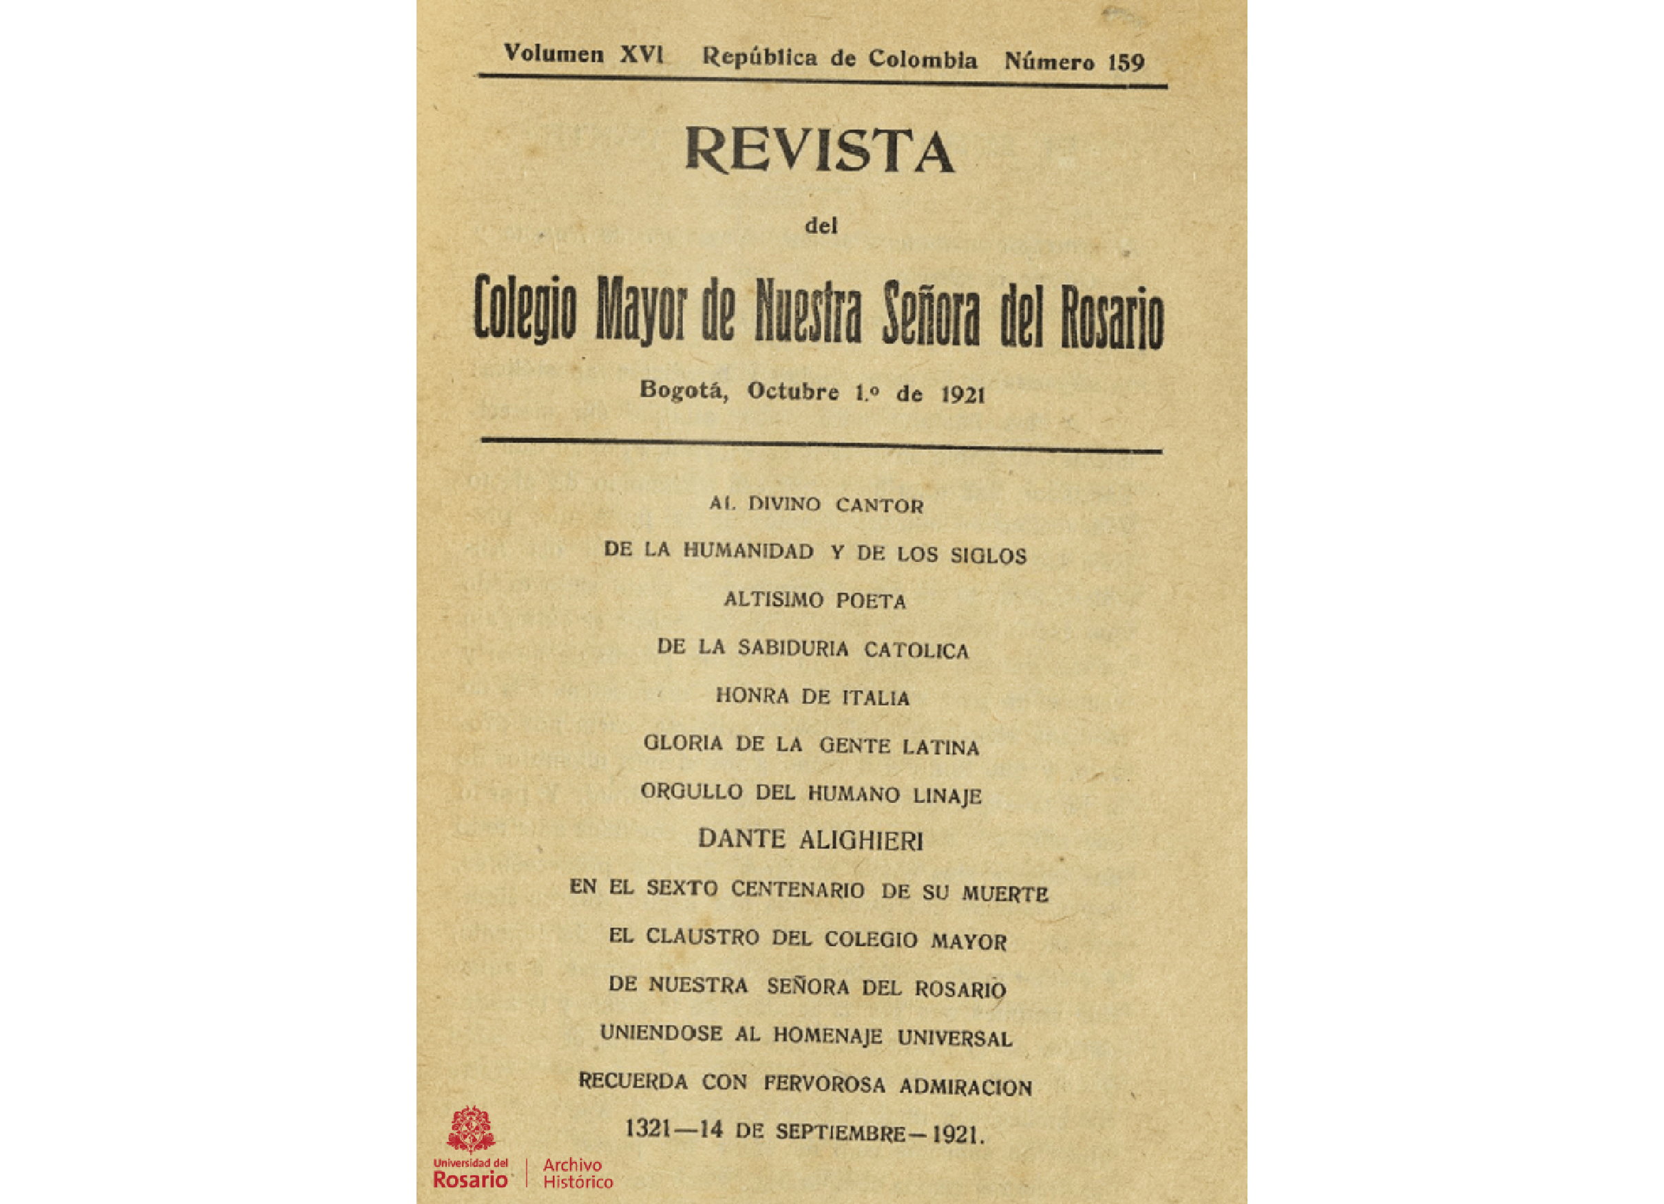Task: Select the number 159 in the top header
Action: click(1126, 63)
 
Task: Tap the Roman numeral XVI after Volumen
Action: click(641, 55)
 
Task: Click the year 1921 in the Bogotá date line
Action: click(963, 395)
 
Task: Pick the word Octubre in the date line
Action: click(792, 391)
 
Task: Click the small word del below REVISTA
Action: click(821, 226)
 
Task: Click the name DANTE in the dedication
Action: click(741, 838)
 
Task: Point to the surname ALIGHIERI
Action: click(861, 841)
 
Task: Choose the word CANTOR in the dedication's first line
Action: click(879, 506)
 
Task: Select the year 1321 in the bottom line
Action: click(648, 1128)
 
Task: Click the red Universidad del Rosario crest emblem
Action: click(470, 1130)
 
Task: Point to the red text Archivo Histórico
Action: click(578, 1173)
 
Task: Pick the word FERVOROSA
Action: click(824, 1084)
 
